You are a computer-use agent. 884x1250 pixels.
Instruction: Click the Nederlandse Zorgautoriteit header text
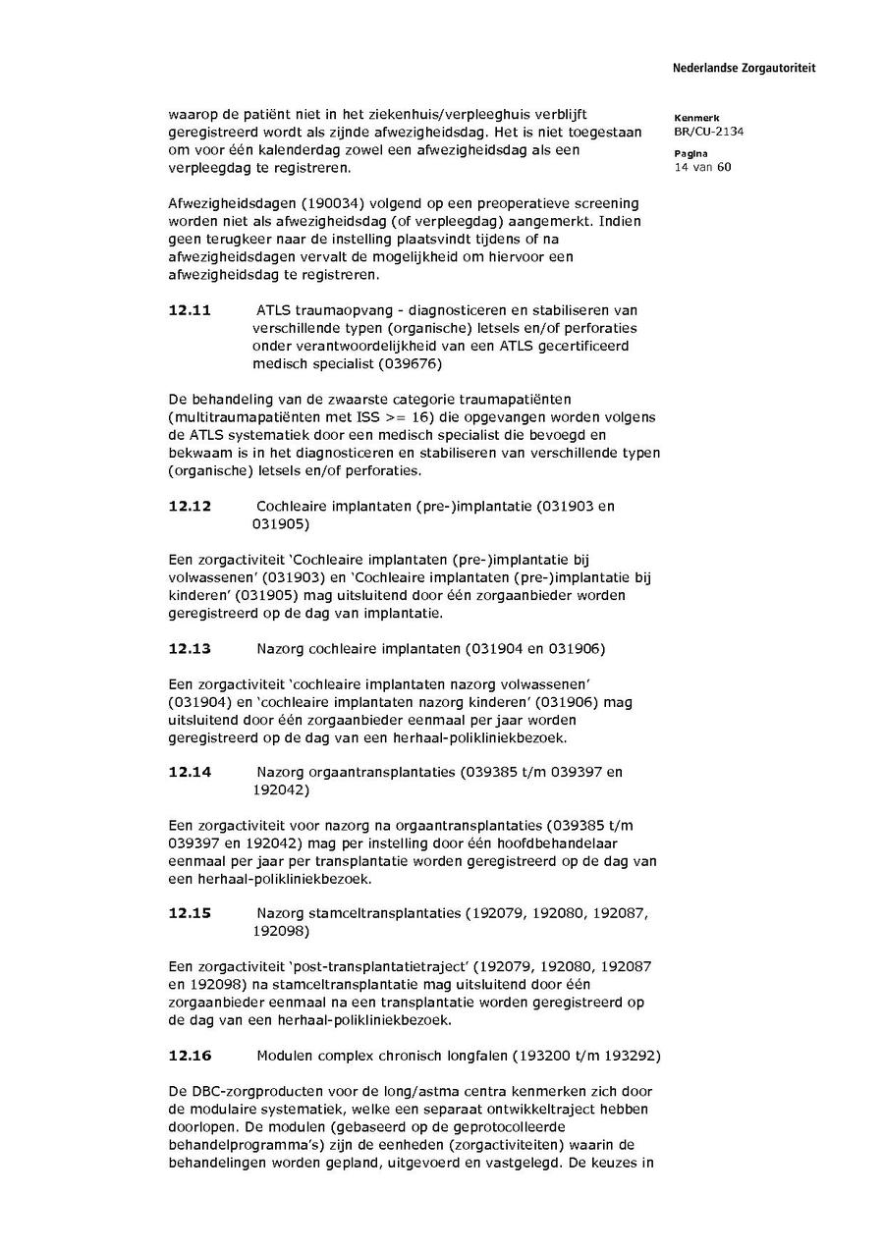click(x=744, y=69)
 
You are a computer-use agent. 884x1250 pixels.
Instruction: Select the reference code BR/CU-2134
click(x=708, y=132)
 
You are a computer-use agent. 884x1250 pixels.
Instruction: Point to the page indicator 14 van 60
click(x=702, y=167)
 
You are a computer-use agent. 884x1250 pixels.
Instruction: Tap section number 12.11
click(x=190, y=310)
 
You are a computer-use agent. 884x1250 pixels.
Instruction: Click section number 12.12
click(x=190, y=507)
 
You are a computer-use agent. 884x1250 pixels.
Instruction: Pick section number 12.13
click(x=190, y=649)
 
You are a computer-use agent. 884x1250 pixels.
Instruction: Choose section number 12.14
click(x=190, y=773)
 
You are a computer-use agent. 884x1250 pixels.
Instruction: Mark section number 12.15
click(x=190, y=913)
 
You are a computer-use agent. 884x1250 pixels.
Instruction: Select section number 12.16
click(x=190, y=1056)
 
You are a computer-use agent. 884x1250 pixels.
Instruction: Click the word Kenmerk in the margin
click(x=696, y=118)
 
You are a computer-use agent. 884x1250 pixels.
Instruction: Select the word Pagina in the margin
click(x=691, y=154)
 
